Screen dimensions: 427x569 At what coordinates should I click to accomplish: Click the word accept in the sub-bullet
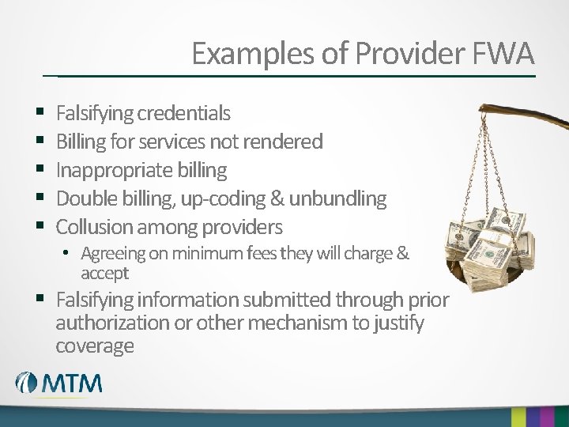click(104, 274)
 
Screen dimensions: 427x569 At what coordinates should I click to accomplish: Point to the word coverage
click(95, 346)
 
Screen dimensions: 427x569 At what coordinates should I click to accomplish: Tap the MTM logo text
click(72, 384)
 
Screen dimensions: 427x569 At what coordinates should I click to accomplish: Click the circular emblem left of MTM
click(27, 384)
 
